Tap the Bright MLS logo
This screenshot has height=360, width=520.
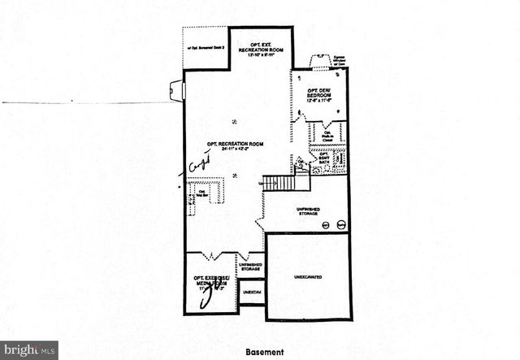[29, 349]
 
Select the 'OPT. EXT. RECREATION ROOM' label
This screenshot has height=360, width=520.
[260, 50]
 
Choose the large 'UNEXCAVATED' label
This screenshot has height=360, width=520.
[307, 278]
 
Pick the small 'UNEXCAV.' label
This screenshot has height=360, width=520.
[252, 292]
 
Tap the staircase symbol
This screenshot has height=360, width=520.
[277, 183]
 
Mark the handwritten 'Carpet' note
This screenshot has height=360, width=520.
[198, 165]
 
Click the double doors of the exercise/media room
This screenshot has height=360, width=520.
[212, 254]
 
